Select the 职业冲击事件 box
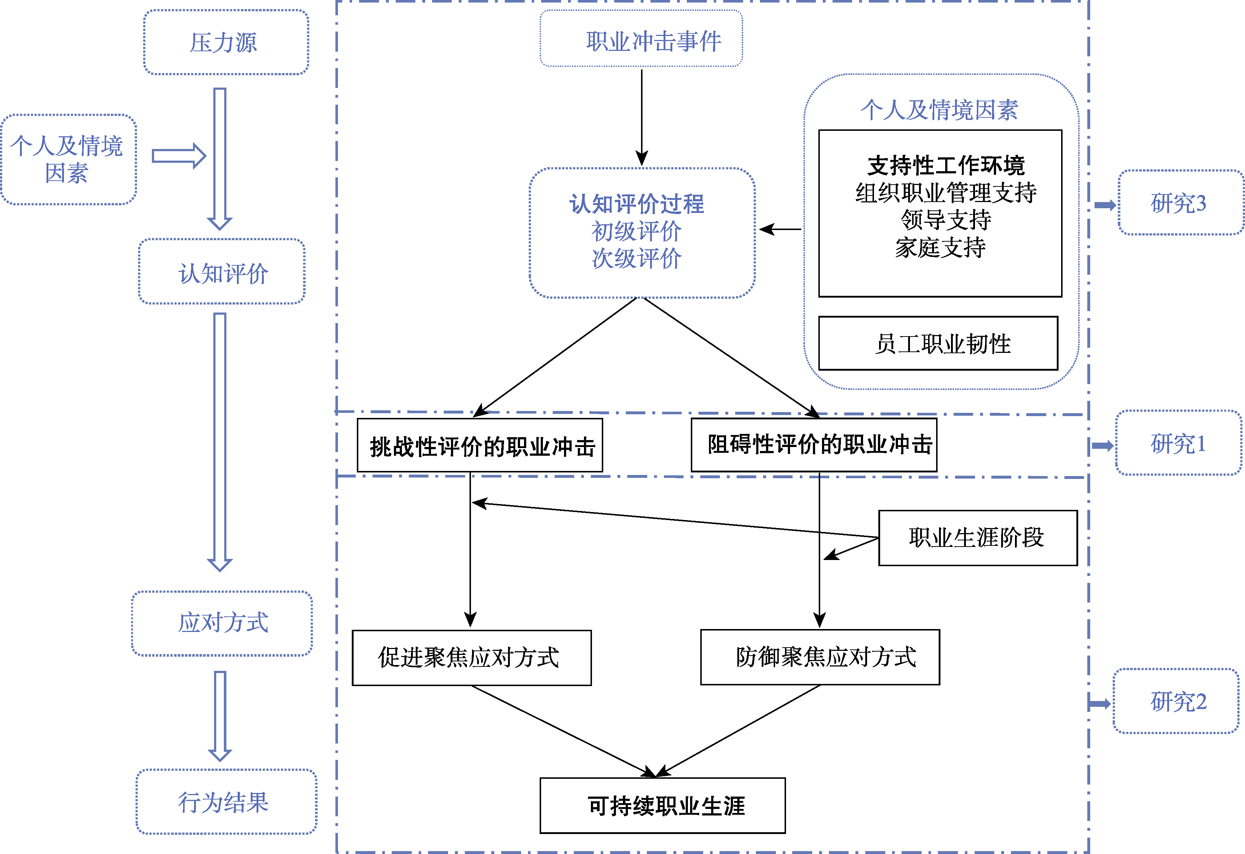pos(641,39)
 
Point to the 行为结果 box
pos(226,802)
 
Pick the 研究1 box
pos(1178,443)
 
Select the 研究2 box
pos(1176,701)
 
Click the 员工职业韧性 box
pos(938,343)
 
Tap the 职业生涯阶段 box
pos(977,538)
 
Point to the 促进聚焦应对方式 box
pos(471,658)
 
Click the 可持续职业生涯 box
pos(662,806)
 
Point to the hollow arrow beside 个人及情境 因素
pos(179,156)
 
